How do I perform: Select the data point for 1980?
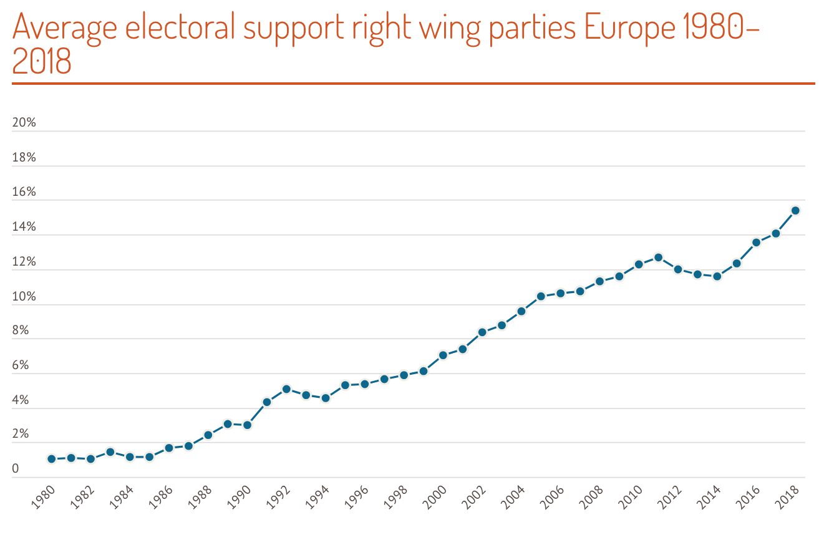pyautogui.click(x=52, y=459)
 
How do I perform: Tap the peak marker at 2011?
pyautogui.click(x=658, y=258)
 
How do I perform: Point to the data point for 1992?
pyautogui.click(x=286, y=389)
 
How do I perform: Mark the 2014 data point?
pyautogui.click(x=717, y=276)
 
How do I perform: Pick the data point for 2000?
pyautogui.click(x=443, y=355)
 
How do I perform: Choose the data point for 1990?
pyautogui.click(x=247, y=425)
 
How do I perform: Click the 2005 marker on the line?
pyautogui.click(x=541, y=296)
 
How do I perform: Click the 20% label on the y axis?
pyautogui.click(x=24, y=123)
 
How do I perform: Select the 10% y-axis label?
pyautogui.click(x=24, y=297)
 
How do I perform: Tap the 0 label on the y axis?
pyautogui.click(x=16, y=469)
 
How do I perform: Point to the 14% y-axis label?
pyautogui.click(x=24, y=227)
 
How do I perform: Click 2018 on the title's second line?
pyautogui.click(x=42, y=63)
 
